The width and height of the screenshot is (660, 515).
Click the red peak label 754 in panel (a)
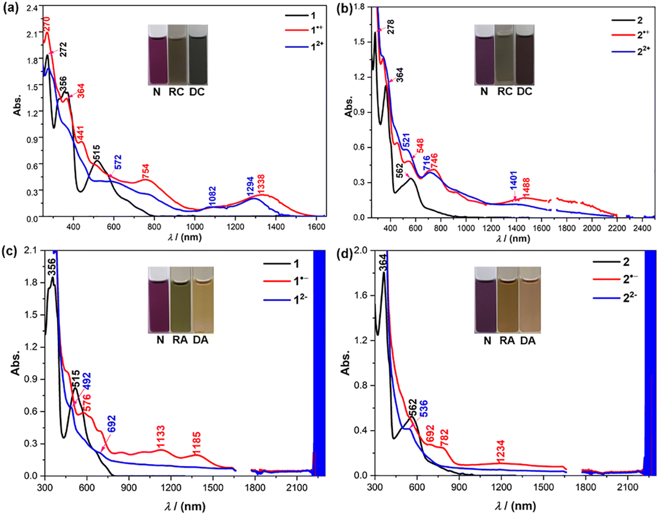pos(146,171)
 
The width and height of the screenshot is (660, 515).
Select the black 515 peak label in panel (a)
pos(96,152)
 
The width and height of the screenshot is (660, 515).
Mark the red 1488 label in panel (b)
pos(526,187)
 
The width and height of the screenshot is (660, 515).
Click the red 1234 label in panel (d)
pos(501,450)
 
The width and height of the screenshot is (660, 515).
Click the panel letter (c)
pos(10,251)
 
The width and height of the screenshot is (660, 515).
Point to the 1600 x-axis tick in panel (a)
pos(316,227)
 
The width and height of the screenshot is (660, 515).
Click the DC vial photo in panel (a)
pos(197,54)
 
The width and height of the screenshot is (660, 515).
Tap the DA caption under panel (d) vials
pos(528,340)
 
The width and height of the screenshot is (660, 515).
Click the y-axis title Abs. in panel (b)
pos(348,107)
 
